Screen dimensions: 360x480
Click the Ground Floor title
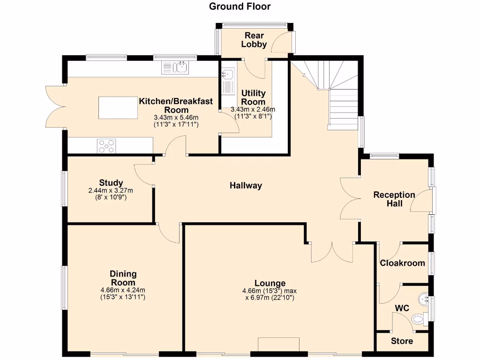click(x=240, y=7)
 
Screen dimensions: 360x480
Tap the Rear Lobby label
click(x=254, y=40)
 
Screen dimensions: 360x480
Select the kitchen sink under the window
click(x=175, y=68)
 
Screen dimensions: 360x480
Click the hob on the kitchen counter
click(x=106, y=146)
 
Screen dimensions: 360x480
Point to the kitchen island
click(x=118, y=108)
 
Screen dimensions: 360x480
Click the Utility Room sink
click(x=228, y=75)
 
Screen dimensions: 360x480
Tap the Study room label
click(x=111, y=183)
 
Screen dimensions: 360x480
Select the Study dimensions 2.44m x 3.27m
click(x=111, y=191)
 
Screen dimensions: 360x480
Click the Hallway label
click(x=246, y=186)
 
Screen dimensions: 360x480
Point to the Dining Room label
click(x=123, y=278)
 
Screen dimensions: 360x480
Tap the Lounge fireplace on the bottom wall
click(x=278, y=344)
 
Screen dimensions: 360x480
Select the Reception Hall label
click(x=394, y=199)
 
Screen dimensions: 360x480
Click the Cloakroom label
click(x=402, y=263)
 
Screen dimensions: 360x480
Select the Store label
click(x=402, y=341)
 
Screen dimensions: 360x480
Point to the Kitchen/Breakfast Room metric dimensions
click(x=176, y=117)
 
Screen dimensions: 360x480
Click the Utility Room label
click(x=253, y=97)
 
